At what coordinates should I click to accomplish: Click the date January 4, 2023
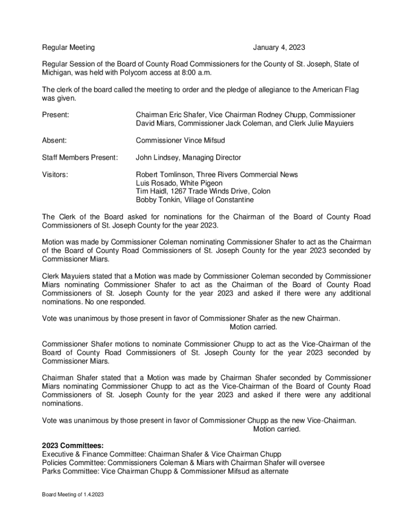279,48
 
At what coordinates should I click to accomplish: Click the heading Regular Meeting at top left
68,48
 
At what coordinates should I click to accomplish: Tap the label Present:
56,115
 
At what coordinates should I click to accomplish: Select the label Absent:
54,140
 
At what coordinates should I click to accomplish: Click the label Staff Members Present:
80,157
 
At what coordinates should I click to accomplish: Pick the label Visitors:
55,175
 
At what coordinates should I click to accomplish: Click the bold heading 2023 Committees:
73,445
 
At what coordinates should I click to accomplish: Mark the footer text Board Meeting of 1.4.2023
73,495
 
